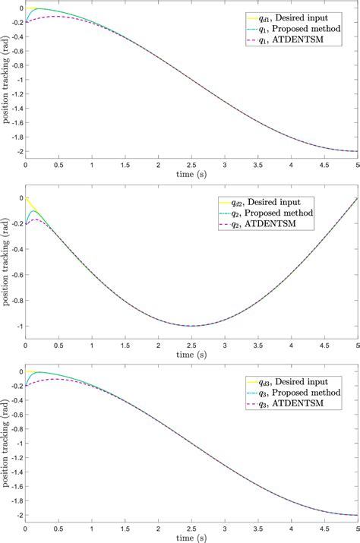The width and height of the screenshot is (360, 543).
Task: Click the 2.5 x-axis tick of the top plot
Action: point(192,164)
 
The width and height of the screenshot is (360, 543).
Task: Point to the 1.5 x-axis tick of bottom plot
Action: point(125,528)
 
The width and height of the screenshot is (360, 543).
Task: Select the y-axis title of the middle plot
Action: point(6,262)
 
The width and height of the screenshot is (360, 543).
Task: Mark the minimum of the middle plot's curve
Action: point(192,326)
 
